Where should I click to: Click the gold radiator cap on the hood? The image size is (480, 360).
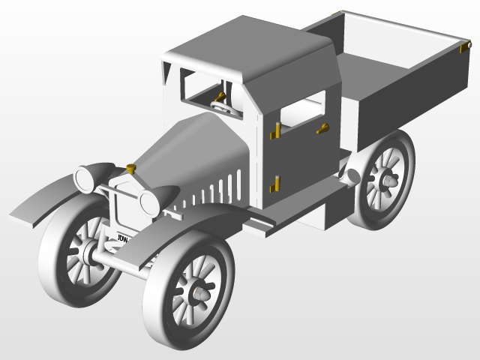point(131,167)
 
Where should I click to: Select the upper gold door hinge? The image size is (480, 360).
point(276,132)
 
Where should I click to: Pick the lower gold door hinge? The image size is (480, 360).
point(275,182)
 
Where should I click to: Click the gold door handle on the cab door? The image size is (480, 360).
point(323,128)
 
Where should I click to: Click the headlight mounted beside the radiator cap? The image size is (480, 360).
point(84,179)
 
